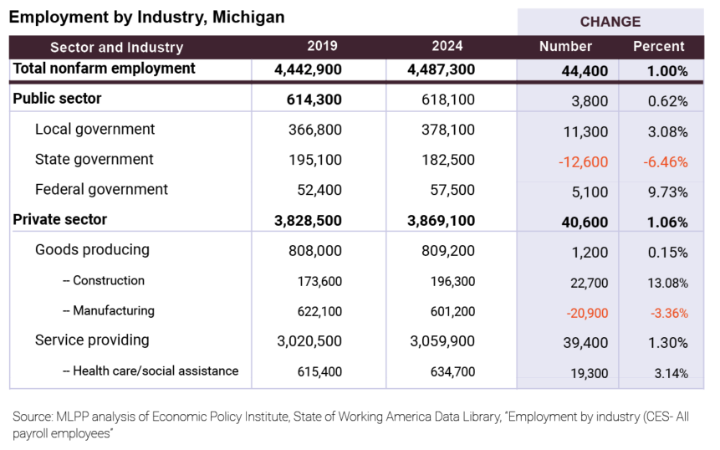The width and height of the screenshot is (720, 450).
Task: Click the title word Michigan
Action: coord(248,17)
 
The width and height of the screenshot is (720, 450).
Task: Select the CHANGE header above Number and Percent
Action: coord(610,22)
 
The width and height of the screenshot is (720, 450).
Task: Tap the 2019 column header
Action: coord(322,46)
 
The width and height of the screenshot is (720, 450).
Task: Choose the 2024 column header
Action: coord(447,46)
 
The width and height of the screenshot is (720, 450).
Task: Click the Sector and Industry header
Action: coord(116,48)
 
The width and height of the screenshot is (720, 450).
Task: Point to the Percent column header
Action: coord(658,46)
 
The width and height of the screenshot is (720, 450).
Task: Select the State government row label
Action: coord(94,159)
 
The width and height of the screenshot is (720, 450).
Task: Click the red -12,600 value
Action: coord(582,161)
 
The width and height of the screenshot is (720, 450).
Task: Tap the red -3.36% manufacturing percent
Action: coord(668,314)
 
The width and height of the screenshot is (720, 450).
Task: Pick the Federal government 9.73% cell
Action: coord(668,192)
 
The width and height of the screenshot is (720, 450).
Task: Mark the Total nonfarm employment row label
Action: coord(104,69)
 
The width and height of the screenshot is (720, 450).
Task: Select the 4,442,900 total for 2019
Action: coord(308,70)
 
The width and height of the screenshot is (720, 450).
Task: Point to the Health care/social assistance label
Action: coord(156,371)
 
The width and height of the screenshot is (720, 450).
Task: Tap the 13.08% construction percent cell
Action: coord(667,284)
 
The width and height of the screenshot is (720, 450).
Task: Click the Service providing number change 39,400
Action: coord(586,343)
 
